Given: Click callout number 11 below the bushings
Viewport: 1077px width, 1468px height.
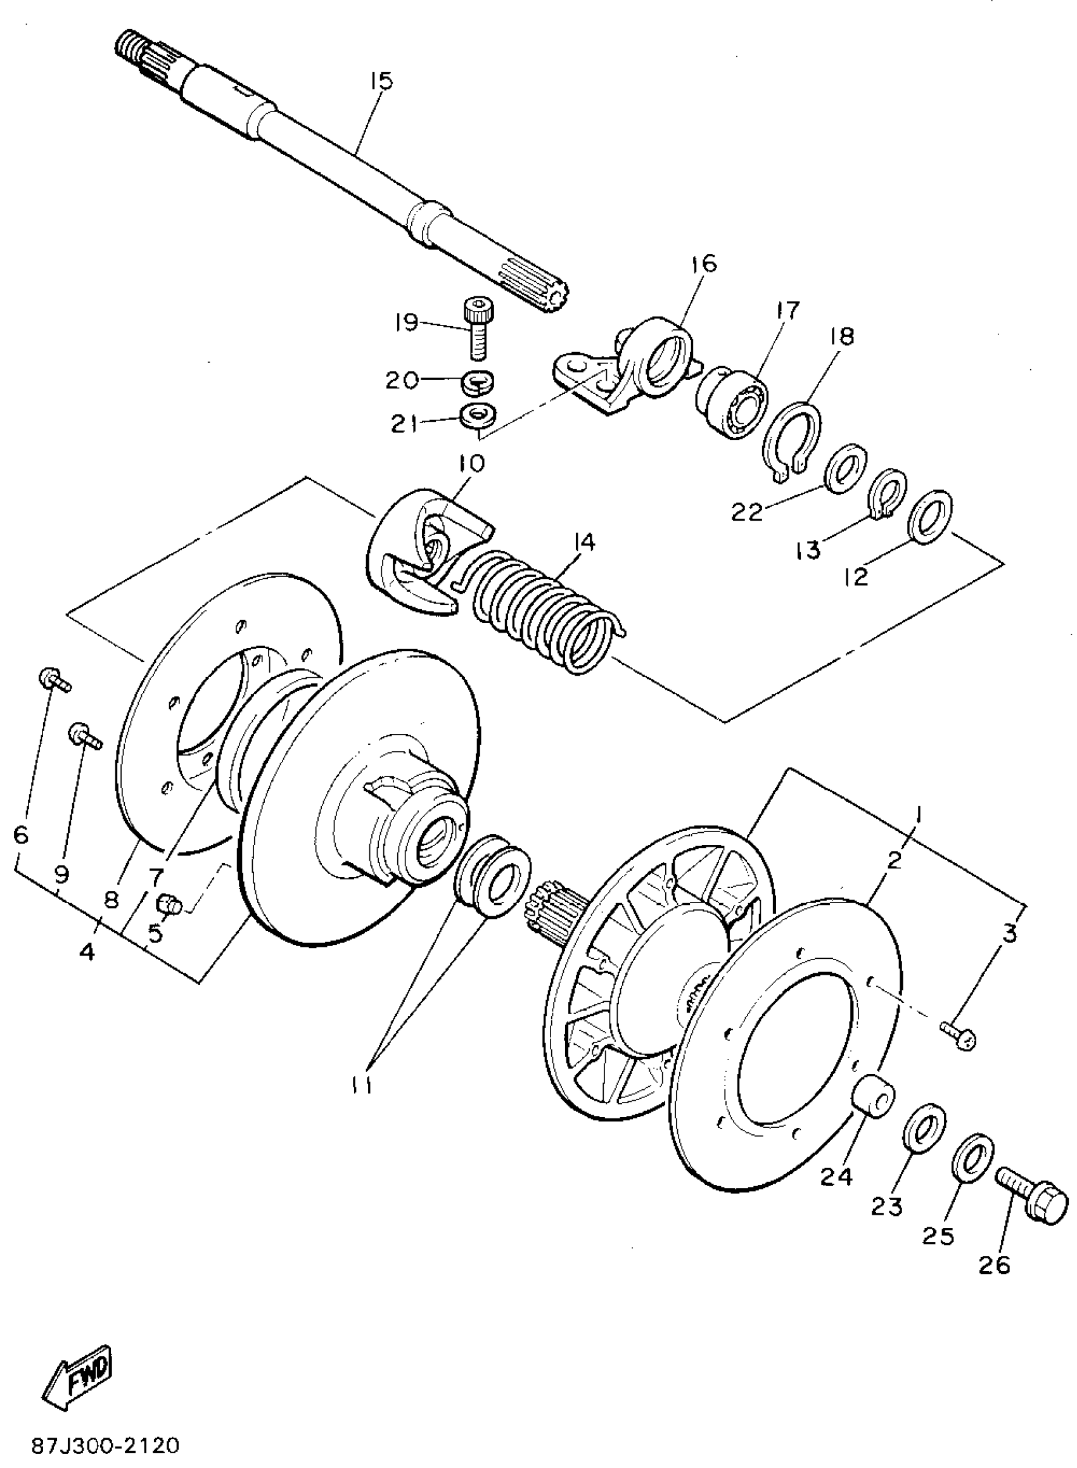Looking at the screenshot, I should coord(360,1085).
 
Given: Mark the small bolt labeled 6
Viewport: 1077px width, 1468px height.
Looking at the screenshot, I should coord(53,680).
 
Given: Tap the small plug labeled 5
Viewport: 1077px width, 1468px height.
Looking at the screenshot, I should coord(167,904).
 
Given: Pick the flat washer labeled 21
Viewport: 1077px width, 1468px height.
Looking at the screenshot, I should coord(478,415).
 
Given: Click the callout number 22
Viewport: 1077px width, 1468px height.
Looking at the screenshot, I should coord(746,512).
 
